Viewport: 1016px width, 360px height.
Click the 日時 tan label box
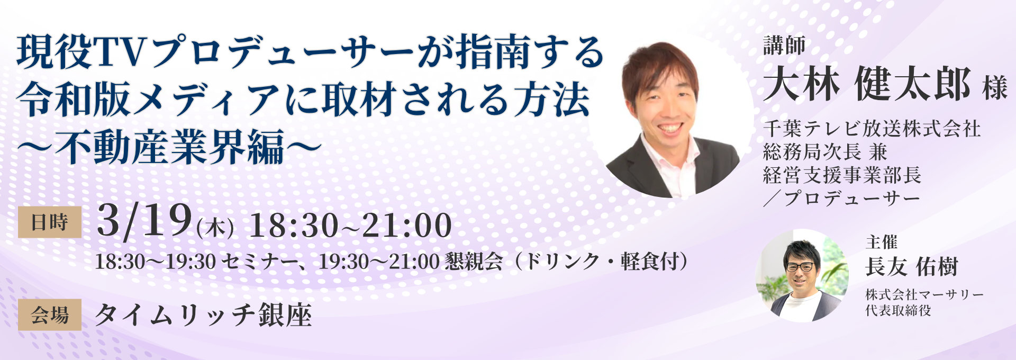pos(50,222)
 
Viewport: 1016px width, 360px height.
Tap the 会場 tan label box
pos(50,315)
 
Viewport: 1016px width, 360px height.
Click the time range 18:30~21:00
pos(350,225)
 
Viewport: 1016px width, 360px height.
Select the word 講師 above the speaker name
pos(784,46)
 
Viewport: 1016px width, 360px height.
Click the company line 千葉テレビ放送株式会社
pos(872,129)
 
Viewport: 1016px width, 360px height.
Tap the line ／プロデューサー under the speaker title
pos(841,199)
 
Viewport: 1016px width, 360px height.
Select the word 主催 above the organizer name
pos(882,242)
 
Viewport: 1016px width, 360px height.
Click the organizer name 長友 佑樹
pos(911,267)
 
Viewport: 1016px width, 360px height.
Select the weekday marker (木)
pos(215,229)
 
